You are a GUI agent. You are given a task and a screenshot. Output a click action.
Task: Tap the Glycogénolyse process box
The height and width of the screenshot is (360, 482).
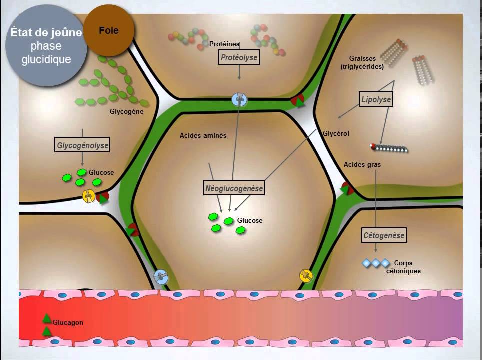[83, 145]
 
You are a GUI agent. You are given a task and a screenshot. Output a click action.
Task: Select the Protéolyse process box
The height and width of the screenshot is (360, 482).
[239, 58]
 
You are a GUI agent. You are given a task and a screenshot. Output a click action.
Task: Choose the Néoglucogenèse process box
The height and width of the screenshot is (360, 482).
[234, 188]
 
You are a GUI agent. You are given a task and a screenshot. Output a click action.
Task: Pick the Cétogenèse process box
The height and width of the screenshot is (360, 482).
[384, 234]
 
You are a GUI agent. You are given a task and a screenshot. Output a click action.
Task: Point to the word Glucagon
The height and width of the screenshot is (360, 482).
[68, 323]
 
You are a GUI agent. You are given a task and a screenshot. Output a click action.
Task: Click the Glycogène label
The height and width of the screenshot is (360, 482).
[127, 112]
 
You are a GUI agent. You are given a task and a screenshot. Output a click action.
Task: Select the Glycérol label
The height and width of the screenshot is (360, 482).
[336, 134]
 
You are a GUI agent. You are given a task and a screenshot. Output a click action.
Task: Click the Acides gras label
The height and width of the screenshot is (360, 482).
[362, 165]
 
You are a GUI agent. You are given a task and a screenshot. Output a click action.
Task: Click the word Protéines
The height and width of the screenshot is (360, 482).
[224, 44]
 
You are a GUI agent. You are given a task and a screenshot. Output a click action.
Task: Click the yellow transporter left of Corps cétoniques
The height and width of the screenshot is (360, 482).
[305, 275]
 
